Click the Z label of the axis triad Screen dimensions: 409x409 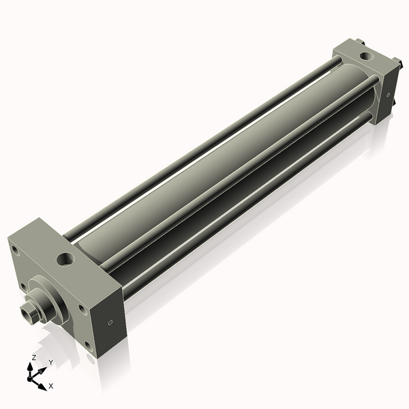click(x=34, y=357)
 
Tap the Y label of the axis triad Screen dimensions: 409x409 click(x=50, y=362)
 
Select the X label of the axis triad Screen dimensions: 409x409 click(x=50, y=386)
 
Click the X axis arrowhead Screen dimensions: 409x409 click(x=43, y=382)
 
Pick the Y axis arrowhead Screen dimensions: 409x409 click(x=43, y=369)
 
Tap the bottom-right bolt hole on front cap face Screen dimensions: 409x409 click(x=87, y=346)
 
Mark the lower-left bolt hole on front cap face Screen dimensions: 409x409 click(x=23, y=286)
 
